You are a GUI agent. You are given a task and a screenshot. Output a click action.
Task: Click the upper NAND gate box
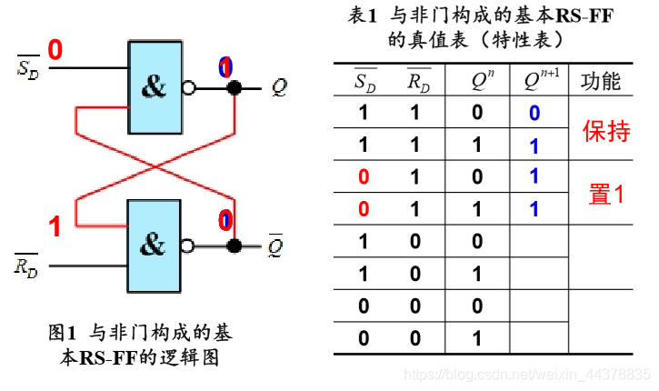(x=155, y=86)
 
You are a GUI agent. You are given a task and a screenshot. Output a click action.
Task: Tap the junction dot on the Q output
(x=235, y=88)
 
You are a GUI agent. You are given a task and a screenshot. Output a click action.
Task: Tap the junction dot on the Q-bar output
(x=235, y=246)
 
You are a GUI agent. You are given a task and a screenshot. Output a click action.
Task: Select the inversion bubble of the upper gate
(x=188, y=88)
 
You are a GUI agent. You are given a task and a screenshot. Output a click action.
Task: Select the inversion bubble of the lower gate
(x=188, y=246)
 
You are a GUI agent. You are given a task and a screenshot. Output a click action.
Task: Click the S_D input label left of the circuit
(x=28, y=68)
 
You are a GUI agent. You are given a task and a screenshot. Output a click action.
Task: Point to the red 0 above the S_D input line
(x=55, y=50)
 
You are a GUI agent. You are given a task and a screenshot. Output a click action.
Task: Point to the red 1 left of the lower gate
(x=55, y=226)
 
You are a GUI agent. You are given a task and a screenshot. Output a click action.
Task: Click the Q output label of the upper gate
(x=278, y=88)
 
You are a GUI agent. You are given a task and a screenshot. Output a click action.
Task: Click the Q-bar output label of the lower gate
(x=276, y=246)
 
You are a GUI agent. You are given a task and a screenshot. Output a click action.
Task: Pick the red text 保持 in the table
(x=605, y=133)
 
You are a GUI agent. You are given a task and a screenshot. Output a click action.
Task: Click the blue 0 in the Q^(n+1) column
(x=534, y=114)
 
